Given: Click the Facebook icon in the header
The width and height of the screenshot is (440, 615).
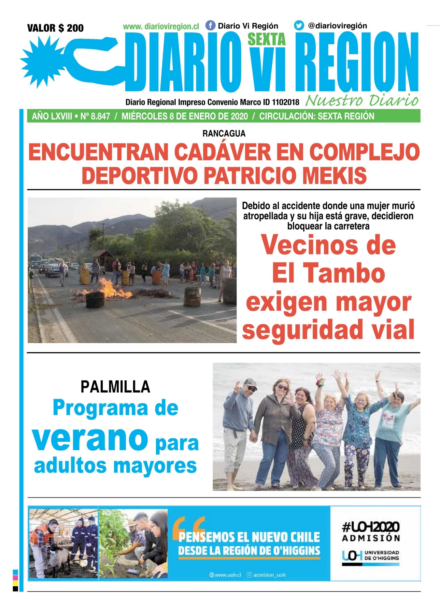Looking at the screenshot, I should [210, 26].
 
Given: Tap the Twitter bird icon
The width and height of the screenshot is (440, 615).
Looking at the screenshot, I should [299, 26].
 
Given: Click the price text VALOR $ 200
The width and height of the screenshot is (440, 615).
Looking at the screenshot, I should [55, 28].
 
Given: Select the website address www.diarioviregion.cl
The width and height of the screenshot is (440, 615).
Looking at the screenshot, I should [161, 26].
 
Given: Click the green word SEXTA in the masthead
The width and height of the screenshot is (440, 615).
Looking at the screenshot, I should [266, 40].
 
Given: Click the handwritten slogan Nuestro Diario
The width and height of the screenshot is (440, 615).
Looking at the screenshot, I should [362, 101].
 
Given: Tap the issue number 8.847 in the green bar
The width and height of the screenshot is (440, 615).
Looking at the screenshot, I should [100, 117].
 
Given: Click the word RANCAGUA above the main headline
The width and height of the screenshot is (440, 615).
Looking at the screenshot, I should [224, 134].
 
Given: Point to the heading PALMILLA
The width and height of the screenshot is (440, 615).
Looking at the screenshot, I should [115, 387].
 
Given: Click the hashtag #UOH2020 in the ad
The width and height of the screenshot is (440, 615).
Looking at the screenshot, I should [371, 527].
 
